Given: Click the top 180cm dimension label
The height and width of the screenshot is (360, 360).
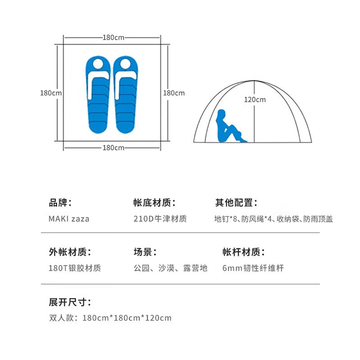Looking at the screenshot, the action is pos(113,37).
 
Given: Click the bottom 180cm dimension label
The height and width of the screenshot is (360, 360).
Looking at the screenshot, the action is pos(113,148).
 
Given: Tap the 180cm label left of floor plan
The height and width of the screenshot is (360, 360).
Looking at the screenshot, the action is pos(51,93).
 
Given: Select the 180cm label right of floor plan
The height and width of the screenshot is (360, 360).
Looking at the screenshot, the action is pos(174,93).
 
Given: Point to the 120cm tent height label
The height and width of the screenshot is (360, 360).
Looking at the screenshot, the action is pos(255,99).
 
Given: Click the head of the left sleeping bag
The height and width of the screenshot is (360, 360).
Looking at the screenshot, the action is pos(98,63).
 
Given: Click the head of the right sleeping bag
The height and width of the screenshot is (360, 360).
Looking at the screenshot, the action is pos(126,63).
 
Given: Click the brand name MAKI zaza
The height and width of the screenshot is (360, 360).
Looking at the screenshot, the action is pos(69,219).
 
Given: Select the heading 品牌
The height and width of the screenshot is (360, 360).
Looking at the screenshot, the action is pos(60,203).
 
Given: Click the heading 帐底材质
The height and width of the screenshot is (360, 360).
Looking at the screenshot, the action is pos(154,203).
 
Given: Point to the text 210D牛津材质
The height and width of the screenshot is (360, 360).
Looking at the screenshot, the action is pos(160,219).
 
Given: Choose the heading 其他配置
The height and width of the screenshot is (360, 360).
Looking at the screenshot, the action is pos(236,203).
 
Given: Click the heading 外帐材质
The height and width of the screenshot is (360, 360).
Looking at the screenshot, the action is pos(70,252).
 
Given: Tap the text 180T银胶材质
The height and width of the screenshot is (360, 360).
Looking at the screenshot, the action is pos(75,268).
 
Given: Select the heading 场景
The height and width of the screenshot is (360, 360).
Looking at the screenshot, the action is pos(145,252).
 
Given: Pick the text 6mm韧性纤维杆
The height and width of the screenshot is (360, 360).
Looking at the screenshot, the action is pos(253,268).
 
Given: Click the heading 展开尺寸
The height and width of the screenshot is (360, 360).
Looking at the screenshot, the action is pos(70,302).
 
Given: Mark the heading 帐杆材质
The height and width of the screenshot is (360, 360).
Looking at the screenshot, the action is pos(243,252).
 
